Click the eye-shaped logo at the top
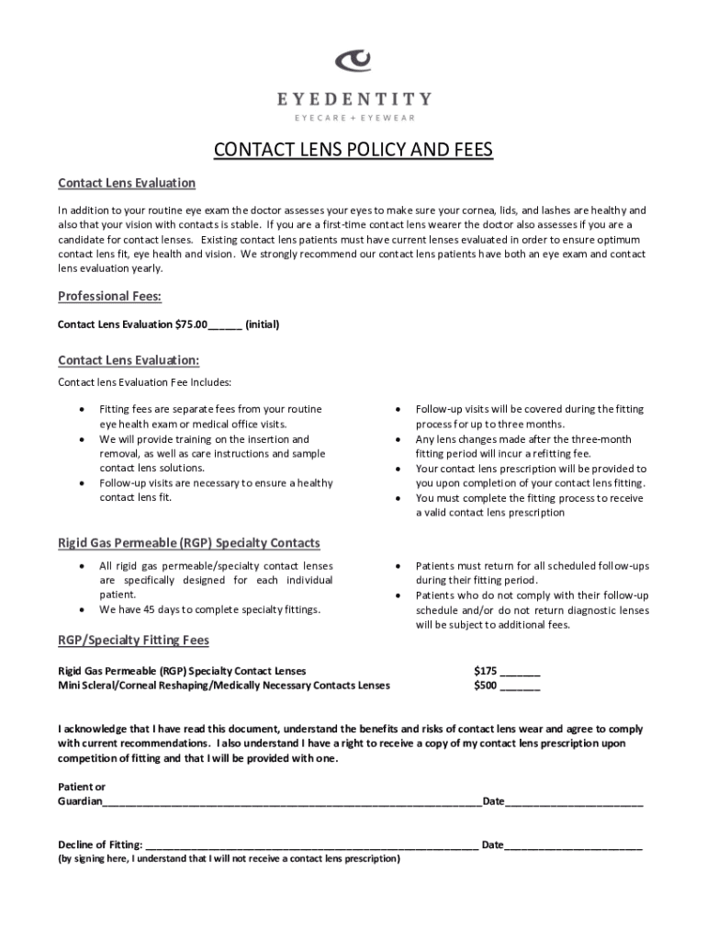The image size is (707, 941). [353, 62]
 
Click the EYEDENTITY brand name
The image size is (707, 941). [353, 98]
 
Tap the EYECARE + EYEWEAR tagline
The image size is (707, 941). [353, 118]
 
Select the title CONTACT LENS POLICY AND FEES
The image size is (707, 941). [353, 150]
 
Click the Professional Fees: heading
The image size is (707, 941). [110, 296]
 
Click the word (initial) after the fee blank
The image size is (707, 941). [263, 324]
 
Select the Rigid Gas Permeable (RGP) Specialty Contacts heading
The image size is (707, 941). [189, 543]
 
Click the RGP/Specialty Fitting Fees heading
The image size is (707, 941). [134, 640]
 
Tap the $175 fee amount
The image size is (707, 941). [485, 670]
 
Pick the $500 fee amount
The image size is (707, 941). [485, 685]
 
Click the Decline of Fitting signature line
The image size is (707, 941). [312, 844]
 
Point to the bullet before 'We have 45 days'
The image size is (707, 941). [84, 610]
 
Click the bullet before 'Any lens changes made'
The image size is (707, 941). [398, 439]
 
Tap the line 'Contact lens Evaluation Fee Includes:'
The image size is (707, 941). [145, 381]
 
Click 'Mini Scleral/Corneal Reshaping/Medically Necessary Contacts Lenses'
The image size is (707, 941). [224, 685]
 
